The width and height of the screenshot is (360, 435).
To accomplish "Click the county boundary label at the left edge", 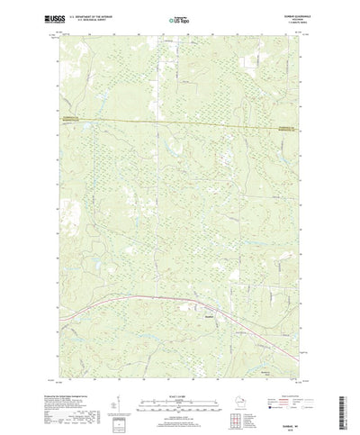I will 74,116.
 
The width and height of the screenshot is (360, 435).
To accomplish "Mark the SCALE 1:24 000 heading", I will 180,368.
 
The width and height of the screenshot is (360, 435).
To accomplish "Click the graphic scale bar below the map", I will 180,379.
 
